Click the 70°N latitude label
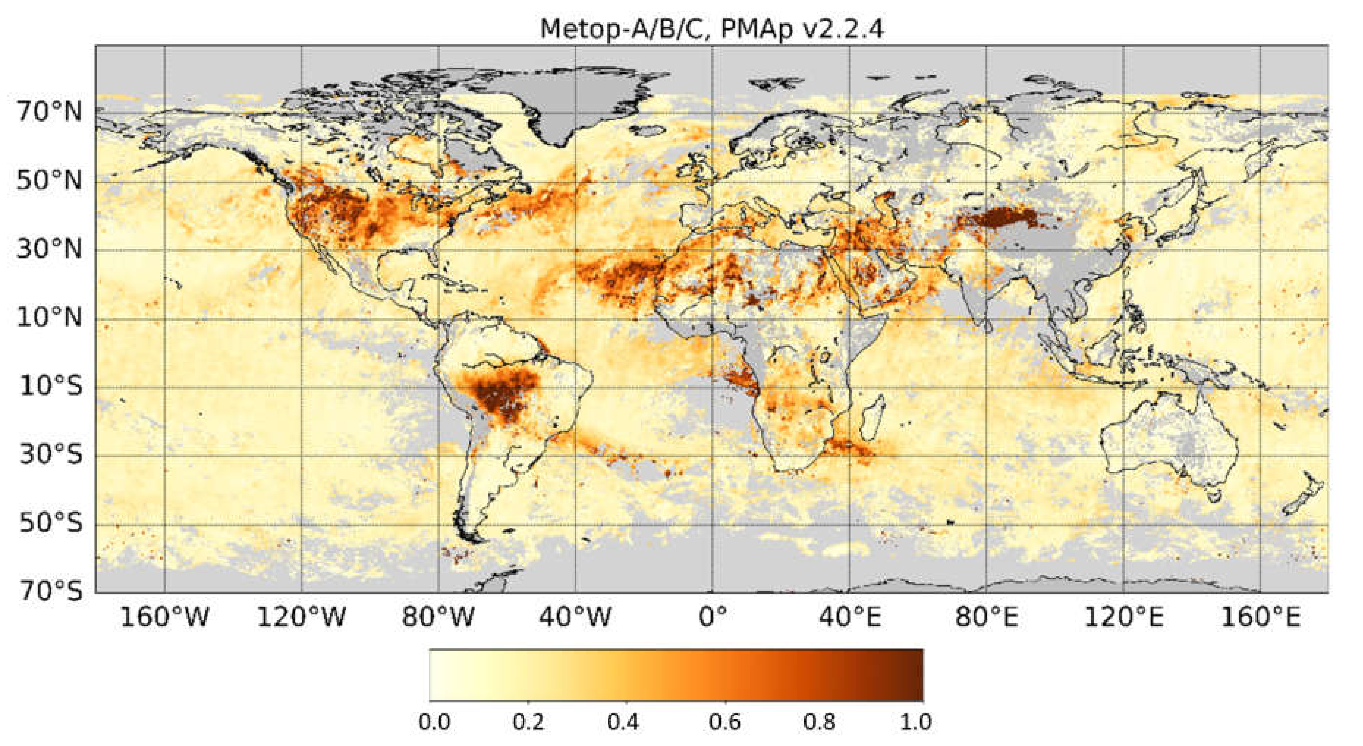tap(49, 112)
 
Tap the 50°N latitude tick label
tap(49, 181)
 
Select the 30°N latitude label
tap(49, 249)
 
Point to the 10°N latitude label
tap(49, 318)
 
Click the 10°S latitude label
tap(51, 386)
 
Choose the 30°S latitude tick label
tap(51, 455)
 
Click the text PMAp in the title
tap(757, 29)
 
